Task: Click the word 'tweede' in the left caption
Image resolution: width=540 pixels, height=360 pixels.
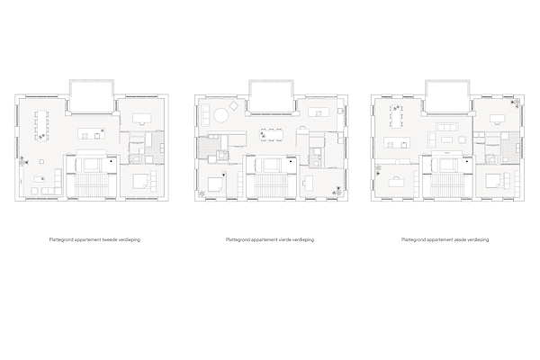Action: (x=110, y=239)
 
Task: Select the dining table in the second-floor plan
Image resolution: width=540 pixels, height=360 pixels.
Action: (x=41, y=125)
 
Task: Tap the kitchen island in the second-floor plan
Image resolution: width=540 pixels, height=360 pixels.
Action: (x=91, y=133)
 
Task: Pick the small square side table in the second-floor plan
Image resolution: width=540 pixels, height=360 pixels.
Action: (x=41, y=161)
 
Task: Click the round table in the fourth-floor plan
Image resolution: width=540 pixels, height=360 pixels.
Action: (x=221, y=115)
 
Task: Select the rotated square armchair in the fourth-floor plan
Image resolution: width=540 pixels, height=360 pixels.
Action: (x=234, y=105)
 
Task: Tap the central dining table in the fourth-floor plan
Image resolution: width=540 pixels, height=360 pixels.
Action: (x=272, y=135)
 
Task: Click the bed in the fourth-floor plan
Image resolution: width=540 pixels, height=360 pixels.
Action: (x=216, y=184)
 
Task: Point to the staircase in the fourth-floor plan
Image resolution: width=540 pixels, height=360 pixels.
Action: (x=272, y=185)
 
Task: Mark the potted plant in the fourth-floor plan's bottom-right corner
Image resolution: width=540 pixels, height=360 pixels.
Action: (x=337, y=191)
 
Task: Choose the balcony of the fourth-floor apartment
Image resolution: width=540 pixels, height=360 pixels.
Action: (x=272, y=96)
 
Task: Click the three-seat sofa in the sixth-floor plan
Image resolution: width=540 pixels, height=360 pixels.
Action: (x=447, y=127)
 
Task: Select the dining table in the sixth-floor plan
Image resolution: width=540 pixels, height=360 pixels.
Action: (x=396, y=116)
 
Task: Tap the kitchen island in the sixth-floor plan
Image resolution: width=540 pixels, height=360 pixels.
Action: (x=398, y=142)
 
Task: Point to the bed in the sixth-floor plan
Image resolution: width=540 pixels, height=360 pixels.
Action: (x=495, y=182)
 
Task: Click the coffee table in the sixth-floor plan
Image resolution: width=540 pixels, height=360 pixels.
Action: (x=447, y=139)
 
